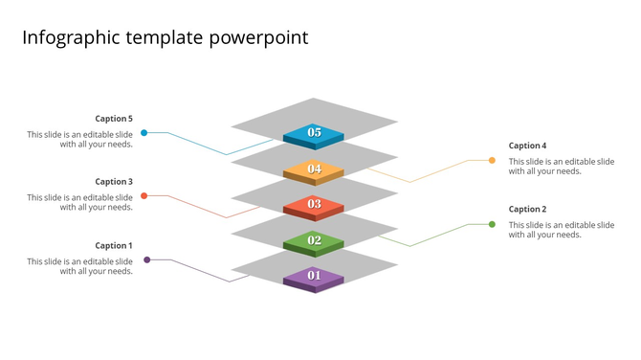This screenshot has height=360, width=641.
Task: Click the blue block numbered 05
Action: point(314,134)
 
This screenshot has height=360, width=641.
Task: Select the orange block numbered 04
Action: point(314,170)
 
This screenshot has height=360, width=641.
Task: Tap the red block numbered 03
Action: point(314,205)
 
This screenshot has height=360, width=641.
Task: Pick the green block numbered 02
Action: point(314,241)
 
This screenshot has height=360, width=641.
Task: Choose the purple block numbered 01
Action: point(314,277)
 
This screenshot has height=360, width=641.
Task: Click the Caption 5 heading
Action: point(114,119)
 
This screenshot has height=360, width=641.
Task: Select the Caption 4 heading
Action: point(528,146)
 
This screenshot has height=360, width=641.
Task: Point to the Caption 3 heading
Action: point(114,182)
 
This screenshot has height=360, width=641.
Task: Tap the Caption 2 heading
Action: point(528,209)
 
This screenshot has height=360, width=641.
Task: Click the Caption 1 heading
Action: point(114,246)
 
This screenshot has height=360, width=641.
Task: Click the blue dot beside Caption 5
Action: point(144,133)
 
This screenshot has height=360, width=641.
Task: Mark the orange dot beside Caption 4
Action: point(493,160)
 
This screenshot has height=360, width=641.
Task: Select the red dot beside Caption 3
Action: point(144,196)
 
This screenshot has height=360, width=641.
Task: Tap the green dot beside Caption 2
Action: point(493,224)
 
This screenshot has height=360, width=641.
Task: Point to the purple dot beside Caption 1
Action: point(146,259)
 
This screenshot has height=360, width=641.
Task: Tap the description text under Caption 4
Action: point(561,167)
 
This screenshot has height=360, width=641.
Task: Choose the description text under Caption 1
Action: point(80,266)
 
